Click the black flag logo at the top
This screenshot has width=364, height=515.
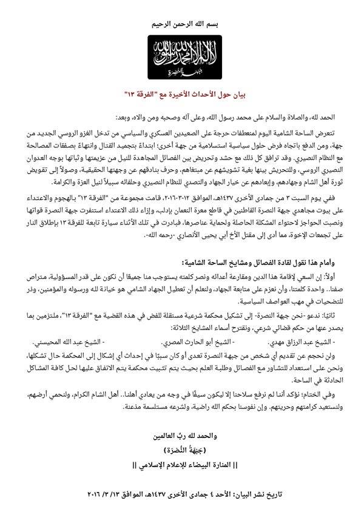click(183, 57)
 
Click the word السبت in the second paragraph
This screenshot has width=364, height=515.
click(301, 195)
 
